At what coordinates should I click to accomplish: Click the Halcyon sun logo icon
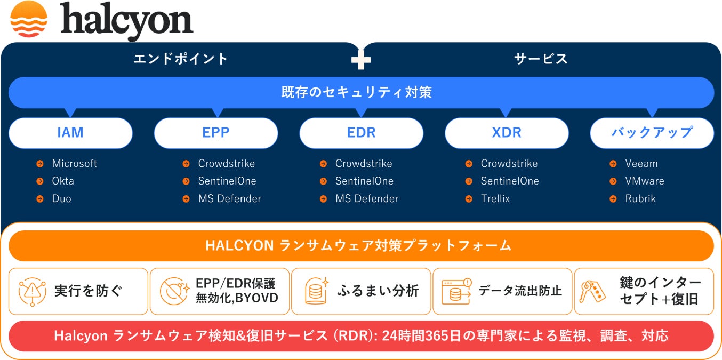tap(29, 20)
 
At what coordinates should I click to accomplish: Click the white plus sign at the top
tap(361, 60)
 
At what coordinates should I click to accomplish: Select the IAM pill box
tap(70, 133)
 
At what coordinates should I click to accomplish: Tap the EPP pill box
tap(216, 133)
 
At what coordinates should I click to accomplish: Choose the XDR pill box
tap(507, 133)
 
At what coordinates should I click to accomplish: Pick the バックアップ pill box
tap(652, 133)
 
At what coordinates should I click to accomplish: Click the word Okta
tap(63, 181)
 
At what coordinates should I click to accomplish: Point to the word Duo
tap(61, 199)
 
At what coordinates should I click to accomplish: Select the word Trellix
tap(495, 199)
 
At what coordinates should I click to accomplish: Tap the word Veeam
tap(641, 164)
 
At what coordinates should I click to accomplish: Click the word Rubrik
tap(640, 199)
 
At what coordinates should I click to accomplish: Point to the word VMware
tap(645, 181)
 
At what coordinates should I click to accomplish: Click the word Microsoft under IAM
tap(75, 164)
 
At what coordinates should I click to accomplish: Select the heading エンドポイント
tap(181, 59)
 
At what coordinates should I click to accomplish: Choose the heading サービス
tap(541, 59)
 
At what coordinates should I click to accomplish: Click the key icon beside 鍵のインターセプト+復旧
tap(593, 291)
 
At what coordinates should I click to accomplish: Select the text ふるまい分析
tap(378, 291)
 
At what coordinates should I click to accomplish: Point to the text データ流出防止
tap(520, 291)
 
